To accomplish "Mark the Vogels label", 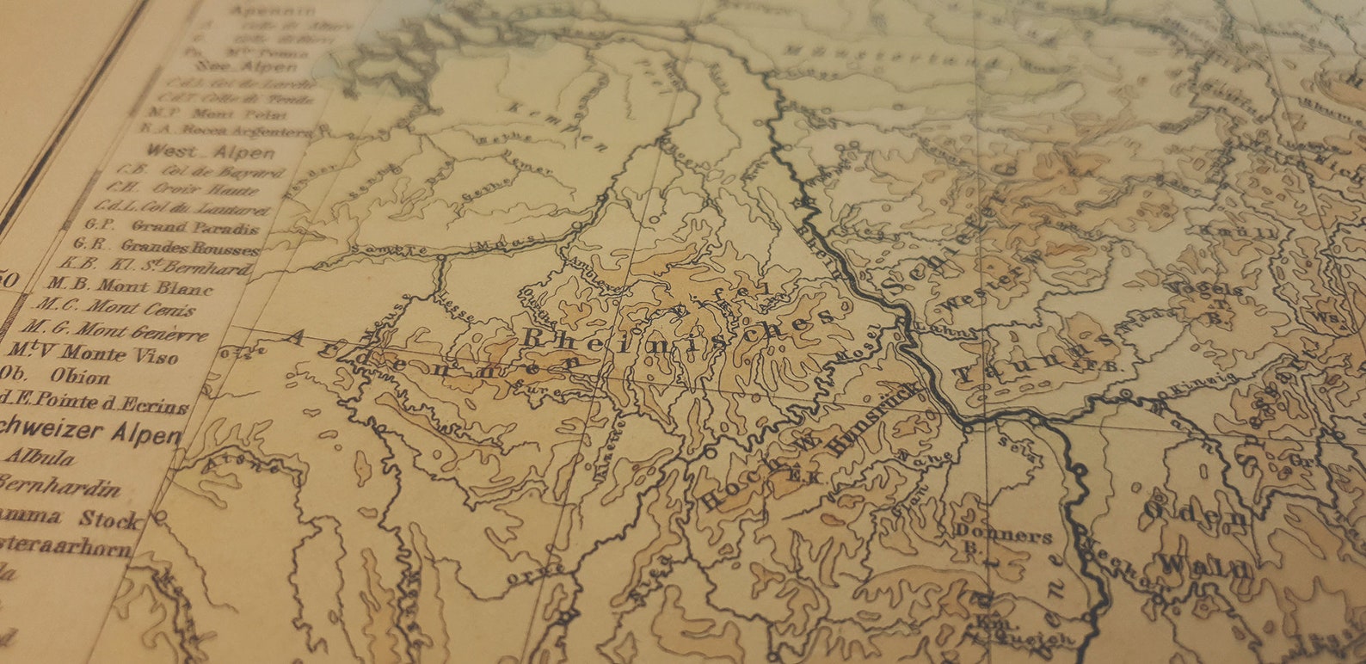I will (x=1214, y=292).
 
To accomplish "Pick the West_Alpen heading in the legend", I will (x=211, y=152).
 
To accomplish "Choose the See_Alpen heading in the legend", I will (x=246, y=66).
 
